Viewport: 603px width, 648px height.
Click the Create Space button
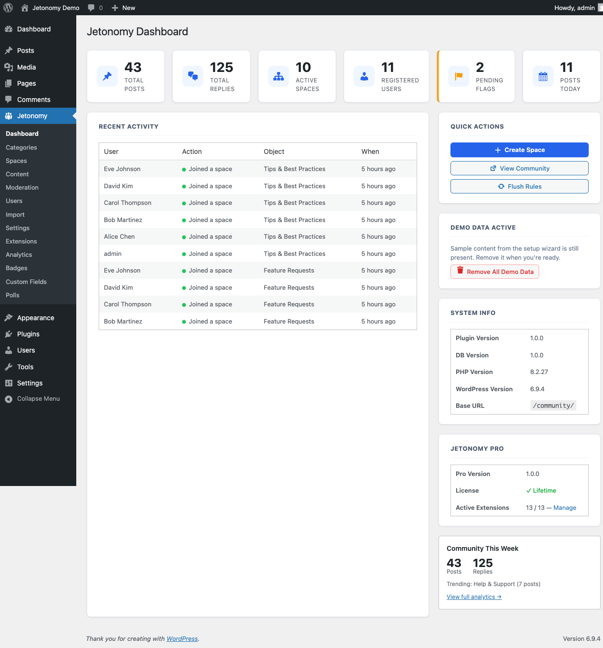click(519, 150)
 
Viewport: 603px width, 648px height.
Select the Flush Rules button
click(519, 186)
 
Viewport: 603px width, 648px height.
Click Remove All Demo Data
click(494, 272)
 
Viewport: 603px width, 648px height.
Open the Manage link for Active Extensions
click(564, 508)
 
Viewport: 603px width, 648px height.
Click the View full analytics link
click(474, 597)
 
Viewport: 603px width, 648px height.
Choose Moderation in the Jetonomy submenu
click(22, 188)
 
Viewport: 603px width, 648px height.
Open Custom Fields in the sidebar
click(26, 282)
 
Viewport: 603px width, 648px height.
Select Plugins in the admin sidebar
click(28, 334)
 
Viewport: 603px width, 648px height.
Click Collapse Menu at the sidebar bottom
click(38, 399)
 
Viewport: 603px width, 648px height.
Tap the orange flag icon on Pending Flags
click(459, 76)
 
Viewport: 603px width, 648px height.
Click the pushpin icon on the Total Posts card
click(107, 76)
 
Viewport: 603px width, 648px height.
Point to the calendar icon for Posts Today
click(543, 76)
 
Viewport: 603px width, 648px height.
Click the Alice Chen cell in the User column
click(119, 237)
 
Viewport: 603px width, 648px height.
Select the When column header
click(370, 152)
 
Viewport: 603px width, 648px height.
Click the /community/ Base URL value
click(553, 405)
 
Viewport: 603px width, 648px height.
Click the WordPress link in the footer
click(182, 639)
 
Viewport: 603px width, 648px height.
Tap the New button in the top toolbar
click(123, 8)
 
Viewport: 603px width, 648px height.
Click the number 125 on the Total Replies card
click(222, 68)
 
